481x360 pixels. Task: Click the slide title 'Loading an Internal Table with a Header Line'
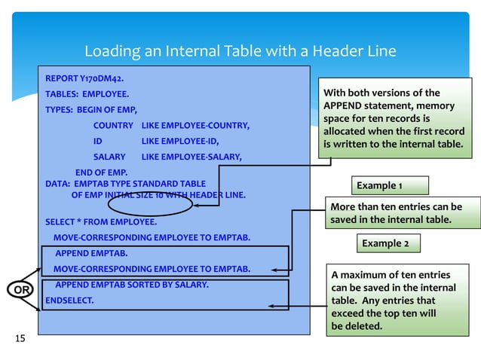240,51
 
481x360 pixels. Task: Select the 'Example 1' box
390,185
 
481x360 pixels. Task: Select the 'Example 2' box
385,244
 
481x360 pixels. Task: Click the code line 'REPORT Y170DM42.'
85,78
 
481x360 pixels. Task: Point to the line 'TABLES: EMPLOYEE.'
87,94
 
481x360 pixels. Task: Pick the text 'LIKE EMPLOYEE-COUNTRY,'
195,125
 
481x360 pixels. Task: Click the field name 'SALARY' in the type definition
109,157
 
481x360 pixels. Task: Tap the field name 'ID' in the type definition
98,141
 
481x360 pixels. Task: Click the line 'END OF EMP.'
100,172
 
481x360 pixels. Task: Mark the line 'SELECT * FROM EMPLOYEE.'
101,221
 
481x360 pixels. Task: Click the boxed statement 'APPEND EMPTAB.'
91,253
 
